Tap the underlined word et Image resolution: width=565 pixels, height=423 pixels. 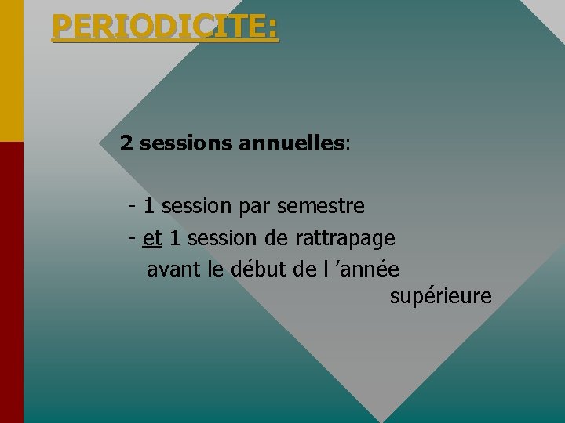(152, 237)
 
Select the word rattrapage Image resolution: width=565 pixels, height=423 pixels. (345, 237)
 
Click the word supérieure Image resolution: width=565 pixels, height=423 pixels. (440, 297)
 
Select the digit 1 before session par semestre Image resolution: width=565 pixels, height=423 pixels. (149, 207)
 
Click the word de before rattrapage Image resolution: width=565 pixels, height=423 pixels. (275, 237)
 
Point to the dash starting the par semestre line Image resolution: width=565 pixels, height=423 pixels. (132, 207)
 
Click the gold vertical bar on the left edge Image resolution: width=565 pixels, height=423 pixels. (11, 70)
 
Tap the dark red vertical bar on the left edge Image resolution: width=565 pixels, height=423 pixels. (11, 282)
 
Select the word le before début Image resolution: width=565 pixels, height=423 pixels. (216, 269)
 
